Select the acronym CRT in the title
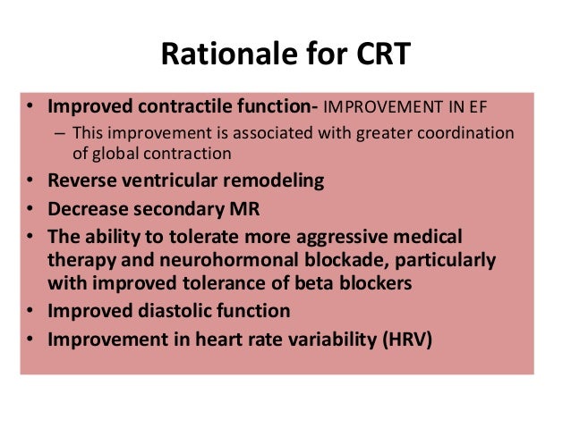pyautogui.click(x=377, y=56)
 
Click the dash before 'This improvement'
pyautogui.click(x=60, y=133)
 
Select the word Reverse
pyautogui.click(x=81, y=181)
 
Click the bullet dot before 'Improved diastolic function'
pyautogui.click(x=30, y=313)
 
